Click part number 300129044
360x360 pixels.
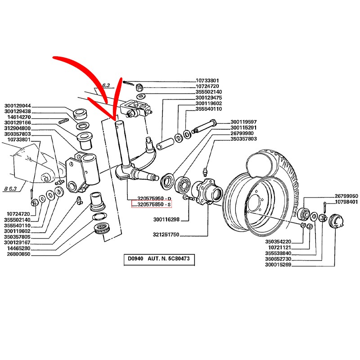(x=18, y=106)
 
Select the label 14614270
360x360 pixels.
(x=18, y=117)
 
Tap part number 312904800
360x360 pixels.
(x=18, y=128)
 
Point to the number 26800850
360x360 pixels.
(x=18, y=254)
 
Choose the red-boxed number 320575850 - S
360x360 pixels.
(x=151, y=205)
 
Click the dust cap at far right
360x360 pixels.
(x=336, y=222)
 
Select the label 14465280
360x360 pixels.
(x=18, y=248)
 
